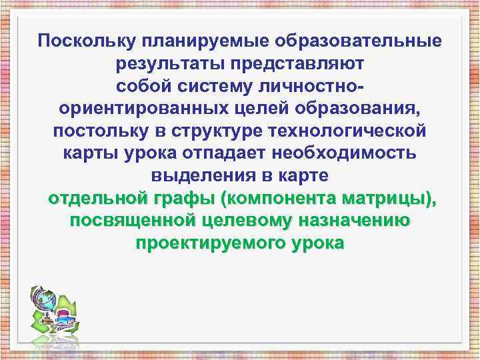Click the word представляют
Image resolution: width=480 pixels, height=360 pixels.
tap(297, 63)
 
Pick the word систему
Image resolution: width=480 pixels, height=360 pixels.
tap(212, 86)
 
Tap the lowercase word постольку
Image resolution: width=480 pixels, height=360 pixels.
tap(103, 131)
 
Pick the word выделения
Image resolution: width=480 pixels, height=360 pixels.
tap(193, 176)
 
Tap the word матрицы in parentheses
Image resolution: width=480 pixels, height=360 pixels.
tap(390, 199)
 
